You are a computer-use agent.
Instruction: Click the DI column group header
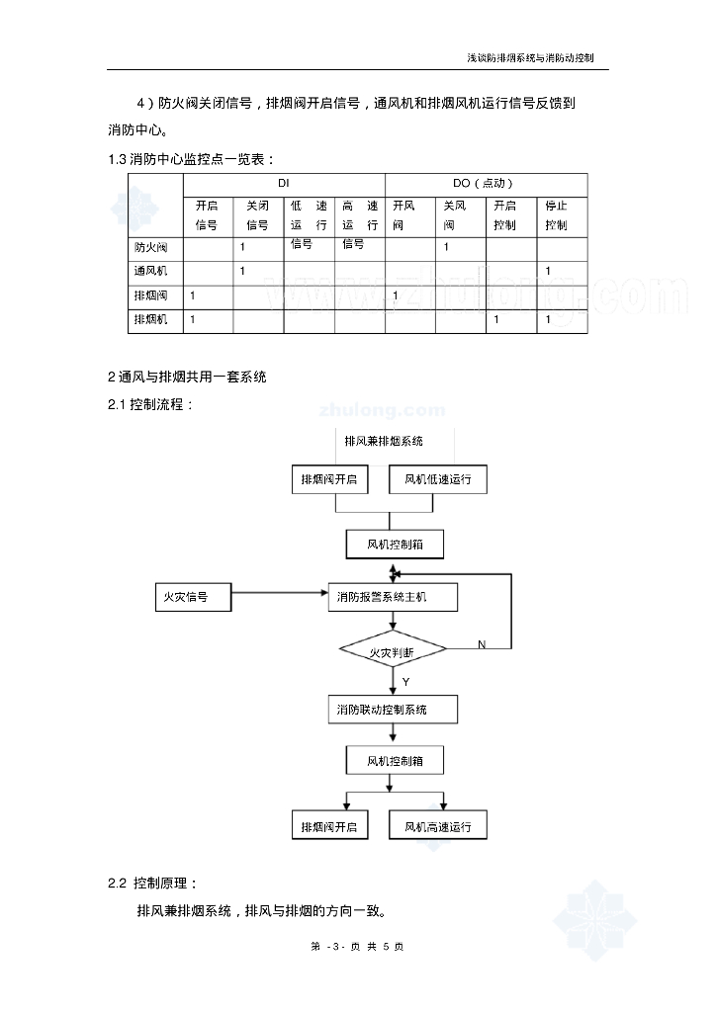pos(284,184)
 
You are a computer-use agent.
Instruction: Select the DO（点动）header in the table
pos(486,184)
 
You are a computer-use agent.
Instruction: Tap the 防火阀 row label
pos(151,247)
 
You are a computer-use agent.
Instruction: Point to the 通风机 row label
pos(151,271)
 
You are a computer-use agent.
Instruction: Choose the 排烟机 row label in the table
pos(151,320)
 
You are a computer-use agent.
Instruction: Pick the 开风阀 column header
pos(404,215)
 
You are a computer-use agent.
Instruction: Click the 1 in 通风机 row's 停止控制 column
pos(549,271)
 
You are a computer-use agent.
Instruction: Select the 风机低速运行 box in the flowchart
pos(438,479)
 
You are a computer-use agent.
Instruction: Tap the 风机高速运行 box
pos(438,826)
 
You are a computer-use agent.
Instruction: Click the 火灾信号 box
pos(193,597)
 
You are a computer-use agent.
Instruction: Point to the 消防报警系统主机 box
pos(393,597)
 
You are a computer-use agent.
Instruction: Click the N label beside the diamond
pos(482,644)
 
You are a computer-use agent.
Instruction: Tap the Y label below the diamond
pos(405,682)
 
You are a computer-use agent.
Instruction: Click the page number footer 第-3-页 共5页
pos(357,947)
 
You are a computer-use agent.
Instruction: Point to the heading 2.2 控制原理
pos(153,883)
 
